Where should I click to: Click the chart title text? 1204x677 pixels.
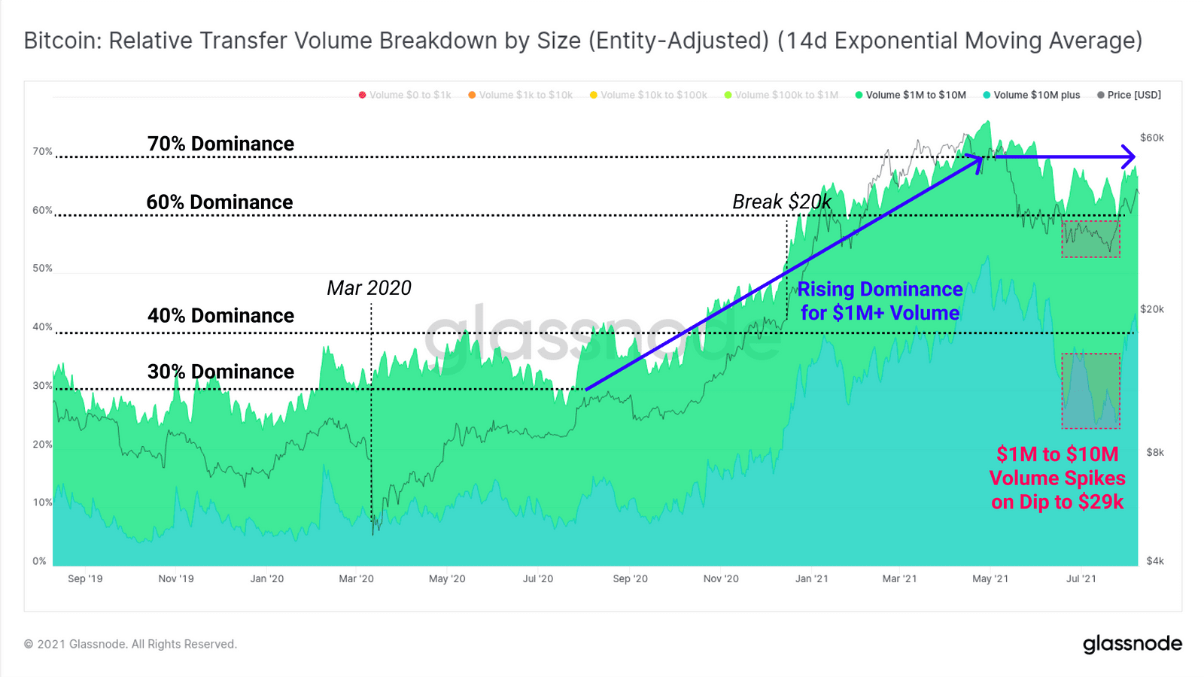pyautogui.click(x=583, y=41)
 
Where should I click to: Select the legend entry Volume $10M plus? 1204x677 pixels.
pyautogui.click(x=1036, y=95)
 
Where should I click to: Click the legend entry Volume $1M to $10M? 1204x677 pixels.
pyautogui.click(x=915, y=95)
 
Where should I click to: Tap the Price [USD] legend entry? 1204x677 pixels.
pyautogui.click(x=1133, y=95)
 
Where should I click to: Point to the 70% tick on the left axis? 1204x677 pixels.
pyautogui.click(x=42, y=151)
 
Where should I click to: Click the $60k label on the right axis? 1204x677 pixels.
pyautogui.click(x=1151, y=138)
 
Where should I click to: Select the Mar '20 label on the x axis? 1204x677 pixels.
pyautogui.click(x=356, y=578)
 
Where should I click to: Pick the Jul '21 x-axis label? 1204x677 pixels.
pyautogui.click(x=1081, y=578)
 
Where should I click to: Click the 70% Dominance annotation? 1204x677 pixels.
pyautogui.click(x=220, y=144)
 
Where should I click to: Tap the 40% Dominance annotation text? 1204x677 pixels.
pyautogui.click(x=220, y=316)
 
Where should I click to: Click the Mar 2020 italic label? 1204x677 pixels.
pyautogui.click(x=369, y=288)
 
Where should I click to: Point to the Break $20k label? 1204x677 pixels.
pyautogui.click(x=782, y=202)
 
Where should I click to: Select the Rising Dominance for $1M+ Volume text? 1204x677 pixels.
pyautogui.click(x=880, y=301)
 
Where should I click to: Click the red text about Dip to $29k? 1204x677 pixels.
pyautogui.click(x=1057, y=478)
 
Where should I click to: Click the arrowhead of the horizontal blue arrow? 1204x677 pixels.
pyautogui.click(x=1128, y=156)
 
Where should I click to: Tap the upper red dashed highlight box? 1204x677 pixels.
pyautogui.click(x=1090, y=238)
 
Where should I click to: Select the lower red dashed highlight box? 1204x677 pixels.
pyautogui.click(x=1090, y=391)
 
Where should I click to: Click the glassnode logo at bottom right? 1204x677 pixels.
pyautogui.click(x=1132, y=644)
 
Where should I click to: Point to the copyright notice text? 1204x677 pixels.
pyautogui.click(x=130, y=644)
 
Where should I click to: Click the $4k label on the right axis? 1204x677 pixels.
pyautogui.click(x=1154, y=560)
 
